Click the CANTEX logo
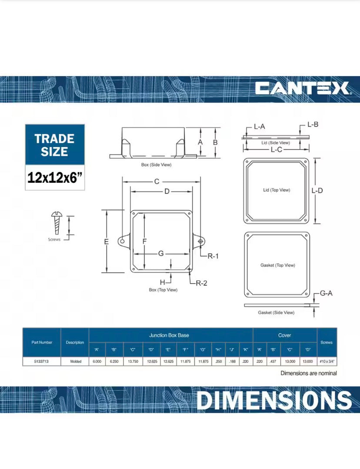pos(303,88)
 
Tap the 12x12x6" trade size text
pos(55,178)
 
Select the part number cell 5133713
pos(42,361)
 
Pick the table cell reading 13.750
pos(132,361)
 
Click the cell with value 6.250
pos(114,361)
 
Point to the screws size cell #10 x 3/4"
pos(327,361)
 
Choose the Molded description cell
pos(75,361)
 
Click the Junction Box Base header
pos(169,335)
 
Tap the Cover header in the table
pos(284,335)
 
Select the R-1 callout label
pos(213,256)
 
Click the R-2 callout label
pos(201,283)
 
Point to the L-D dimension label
pos(317,191)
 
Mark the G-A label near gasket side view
pos(326,293)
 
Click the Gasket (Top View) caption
pos(277,265)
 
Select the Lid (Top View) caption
pos(277,190)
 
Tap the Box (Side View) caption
pos(156,165)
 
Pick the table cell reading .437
pos(273,361)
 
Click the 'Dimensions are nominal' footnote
pos(308,373)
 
